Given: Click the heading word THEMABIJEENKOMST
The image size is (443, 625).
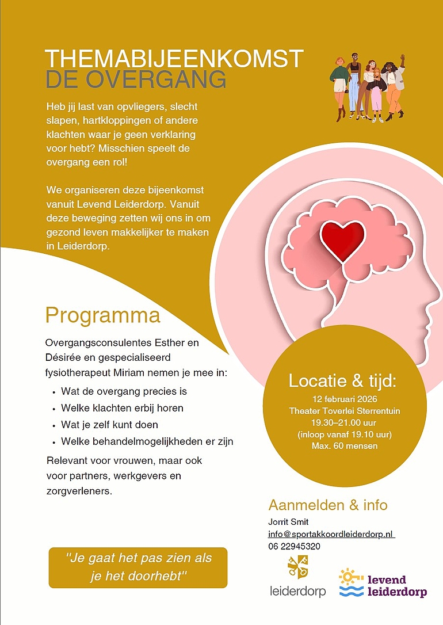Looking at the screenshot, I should pyautogui.click(x=174, y=59).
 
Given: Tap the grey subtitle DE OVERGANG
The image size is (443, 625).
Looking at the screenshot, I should pyautogui.click(x=135, y=80).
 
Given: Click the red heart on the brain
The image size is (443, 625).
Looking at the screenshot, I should pyautogui.click(x=342, y=239).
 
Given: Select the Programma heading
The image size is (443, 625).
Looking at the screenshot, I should pyautogui.click(x=102, y=315).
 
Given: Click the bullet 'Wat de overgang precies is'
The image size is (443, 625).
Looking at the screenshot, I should pyautogui.click(x=124, y=391).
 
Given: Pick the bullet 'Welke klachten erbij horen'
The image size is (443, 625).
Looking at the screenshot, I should pyautogui.click(x=122, y=408).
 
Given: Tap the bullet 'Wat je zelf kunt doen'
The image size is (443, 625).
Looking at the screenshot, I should pyautogui.click(x=109, y=425).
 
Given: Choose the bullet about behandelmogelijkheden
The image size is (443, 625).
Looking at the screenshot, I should pyautogui.click(x=147, y=442).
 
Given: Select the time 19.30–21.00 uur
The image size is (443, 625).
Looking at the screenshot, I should pyautogui.click(x=343, y=422).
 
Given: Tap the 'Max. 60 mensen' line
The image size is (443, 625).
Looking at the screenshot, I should pyautogui.click(x=343, y=446).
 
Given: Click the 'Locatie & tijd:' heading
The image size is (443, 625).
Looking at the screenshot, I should pyautogui.click(x=343, y=380).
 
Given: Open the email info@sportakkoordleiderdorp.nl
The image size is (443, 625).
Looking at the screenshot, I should pyautogui.click(x=331, y=534).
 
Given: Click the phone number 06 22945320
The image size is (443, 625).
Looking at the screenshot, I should pyautogui.click(x=294, y=546).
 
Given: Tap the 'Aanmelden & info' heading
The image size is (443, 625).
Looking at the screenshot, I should pyautogui.click(x=328, y=505).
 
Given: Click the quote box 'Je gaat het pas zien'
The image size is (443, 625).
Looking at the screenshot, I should pyautogui.click(x=138, y=567).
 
